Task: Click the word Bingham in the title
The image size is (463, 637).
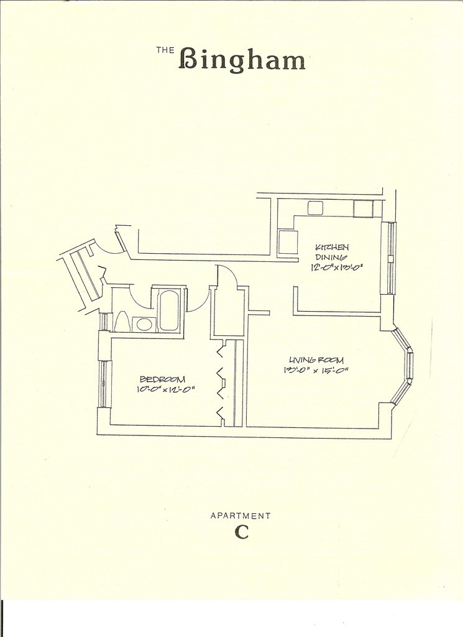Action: point(242,60)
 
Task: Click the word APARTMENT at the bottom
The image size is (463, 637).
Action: point(241,516)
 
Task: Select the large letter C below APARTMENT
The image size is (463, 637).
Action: point(241,532)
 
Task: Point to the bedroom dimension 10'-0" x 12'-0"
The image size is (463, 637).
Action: point(166,389)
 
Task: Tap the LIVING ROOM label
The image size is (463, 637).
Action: point(316,360)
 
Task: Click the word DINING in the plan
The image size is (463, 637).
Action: point(331,257)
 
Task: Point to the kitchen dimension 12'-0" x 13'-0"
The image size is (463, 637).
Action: point(336,267)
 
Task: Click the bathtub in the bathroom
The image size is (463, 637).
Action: point(168,310)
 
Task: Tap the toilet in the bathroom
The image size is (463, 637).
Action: point(122,322)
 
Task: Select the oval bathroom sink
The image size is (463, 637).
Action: point(145,323)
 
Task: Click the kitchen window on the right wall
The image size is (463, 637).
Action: point(391,258)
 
